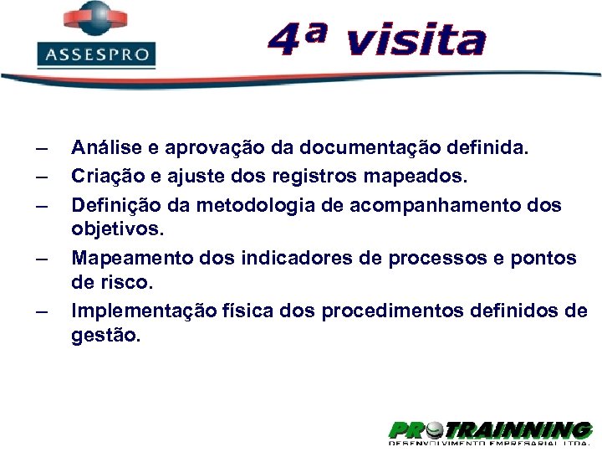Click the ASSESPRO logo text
coord(95,55)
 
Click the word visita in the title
coord(415,41)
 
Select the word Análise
coord(105,148)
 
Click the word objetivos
coord(112,229)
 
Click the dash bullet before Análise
coord(41,149)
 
